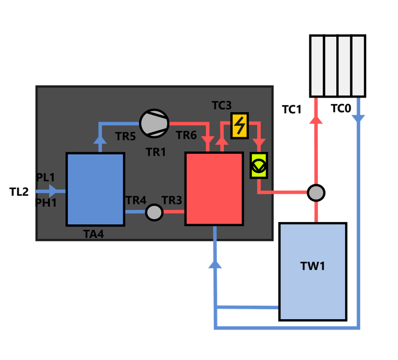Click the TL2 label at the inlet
(19, 191)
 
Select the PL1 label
(46, 178)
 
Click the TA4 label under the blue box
(94, 234)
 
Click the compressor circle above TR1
(154, 122)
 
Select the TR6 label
(187, 135)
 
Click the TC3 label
(221, 106)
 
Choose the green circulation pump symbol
(259, 165)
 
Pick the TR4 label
(136, 200)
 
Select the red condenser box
(214, 189)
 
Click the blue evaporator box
(95, 189)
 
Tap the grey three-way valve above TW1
(315, 192)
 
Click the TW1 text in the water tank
(312, 266)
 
